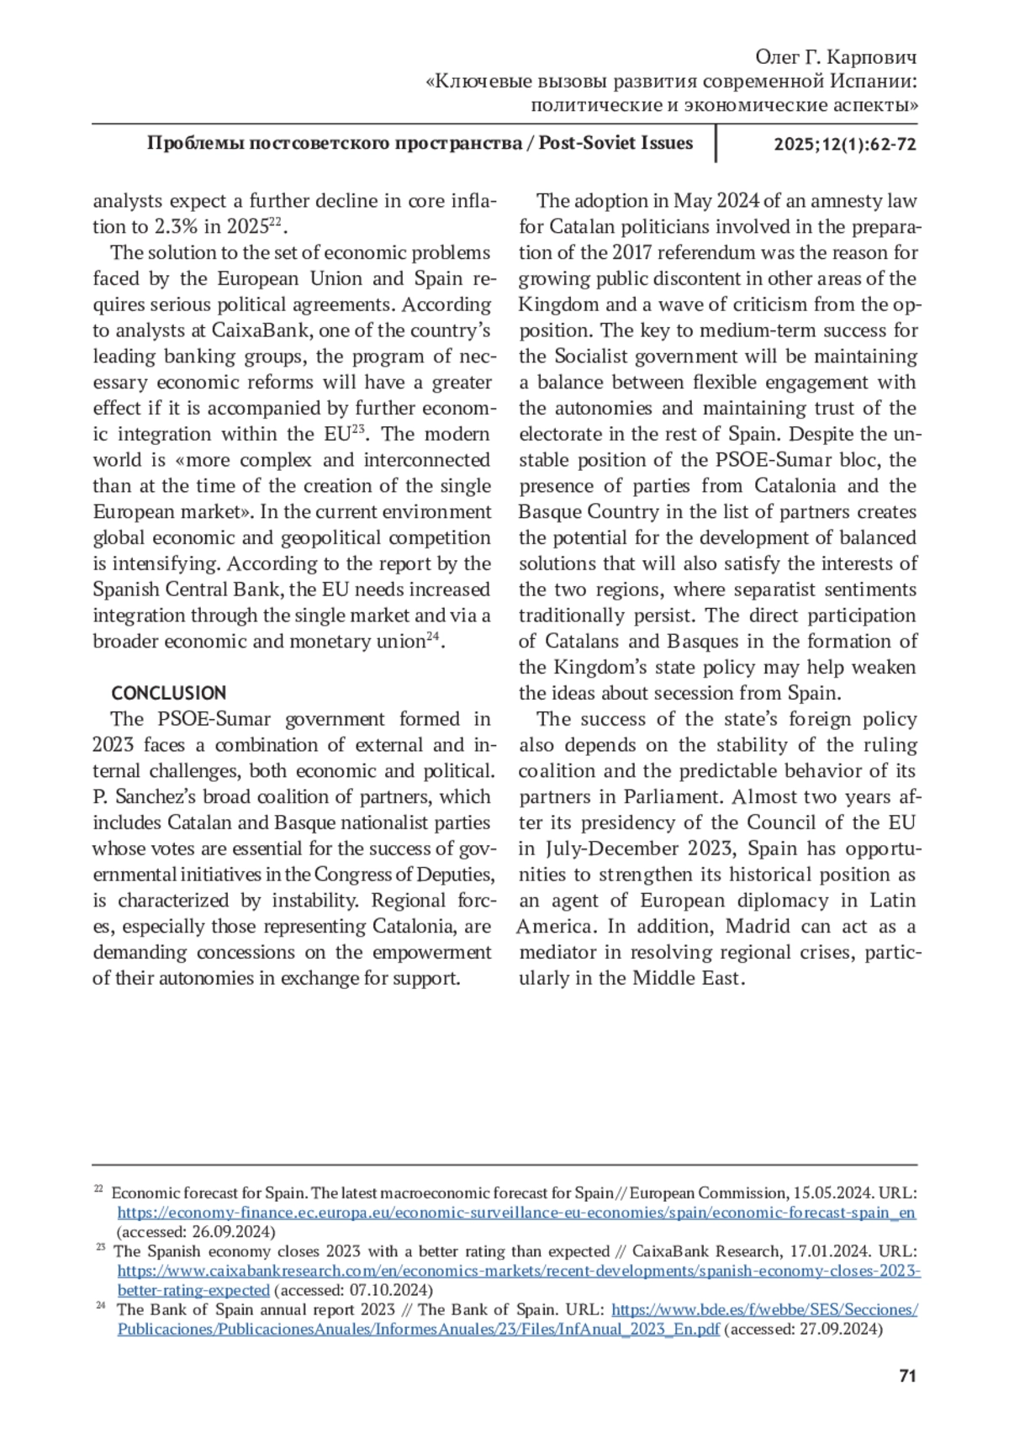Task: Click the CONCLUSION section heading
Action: pos(168,693)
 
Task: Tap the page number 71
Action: pos(907,1377)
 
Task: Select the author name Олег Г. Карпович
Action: pos(835,57)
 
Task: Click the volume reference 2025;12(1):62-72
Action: pos(845,144)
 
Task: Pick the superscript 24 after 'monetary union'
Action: pos(433,637)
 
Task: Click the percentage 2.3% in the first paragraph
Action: pos(176,227)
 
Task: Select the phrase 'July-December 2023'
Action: pos(639,849)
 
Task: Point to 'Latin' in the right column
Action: pos(892,901)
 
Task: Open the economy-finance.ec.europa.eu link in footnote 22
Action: pos(516,1213)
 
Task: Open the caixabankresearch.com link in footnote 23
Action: pos(519,1271)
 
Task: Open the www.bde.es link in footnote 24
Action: pos(763,1309)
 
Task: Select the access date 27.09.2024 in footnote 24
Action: pos(841,1330)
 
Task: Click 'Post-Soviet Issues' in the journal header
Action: pos(615,143)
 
